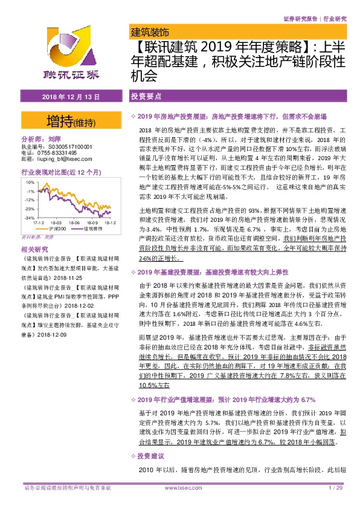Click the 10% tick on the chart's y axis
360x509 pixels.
(29, 181)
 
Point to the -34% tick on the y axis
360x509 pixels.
(28, 217)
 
